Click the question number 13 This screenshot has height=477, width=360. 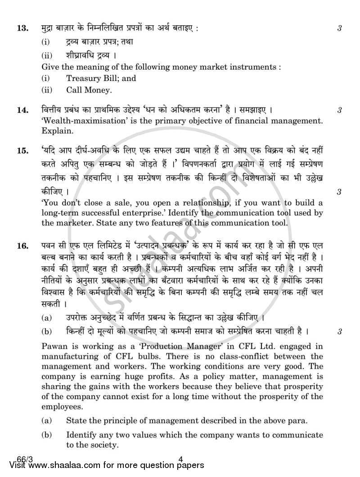[x=21, y=29]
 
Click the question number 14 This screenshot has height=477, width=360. [x=21, y=110]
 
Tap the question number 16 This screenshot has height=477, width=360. [x=21, y=246]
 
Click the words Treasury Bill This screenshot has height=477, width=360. [x=101, y=78]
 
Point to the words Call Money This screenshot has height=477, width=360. [x=89, y=90]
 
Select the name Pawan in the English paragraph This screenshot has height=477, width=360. [x=53, y=346]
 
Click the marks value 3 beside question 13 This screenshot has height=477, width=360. [x=340, y=29]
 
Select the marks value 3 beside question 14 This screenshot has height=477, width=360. [x=340, y=110]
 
